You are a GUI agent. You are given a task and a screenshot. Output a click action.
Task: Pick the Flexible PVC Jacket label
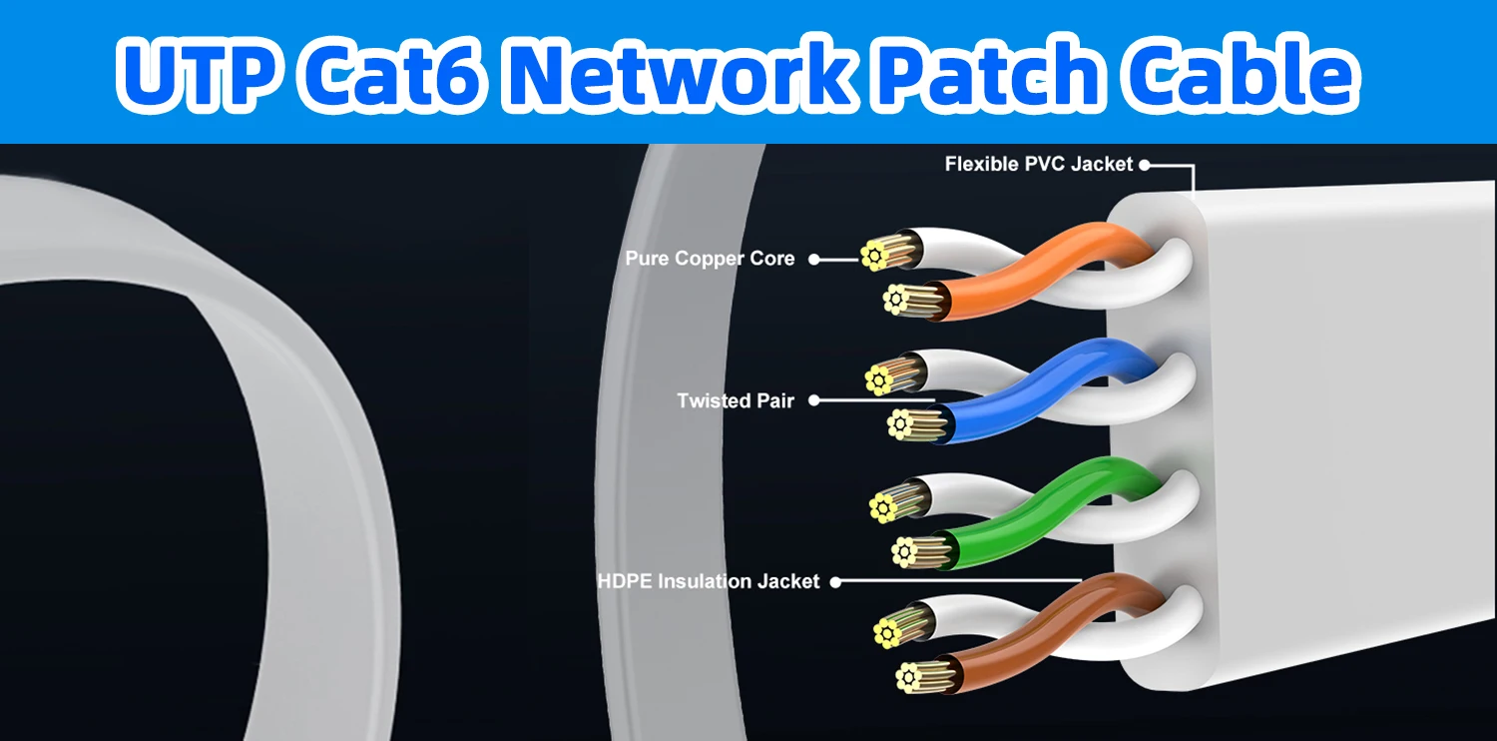[x=1039, y=164]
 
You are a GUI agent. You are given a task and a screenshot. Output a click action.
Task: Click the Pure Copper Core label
[x=710, y=259]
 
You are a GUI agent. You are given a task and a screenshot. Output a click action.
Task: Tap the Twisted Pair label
[x=736, y=400]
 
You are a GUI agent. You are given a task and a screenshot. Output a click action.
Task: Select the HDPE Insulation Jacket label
[x=709, y=581]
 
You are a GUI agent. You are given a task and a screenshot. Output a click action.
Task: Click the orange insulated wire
[x=1038, y=265]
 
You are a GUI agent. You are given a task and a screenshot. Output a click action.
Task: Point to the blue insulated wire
[x=1038, y=384]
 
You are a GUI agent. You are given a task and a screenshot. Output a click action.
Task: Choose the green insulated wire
[x=1038, y=504]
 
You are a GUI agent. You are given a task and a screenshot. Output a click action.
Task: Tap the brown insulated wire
[x=1038, y=624]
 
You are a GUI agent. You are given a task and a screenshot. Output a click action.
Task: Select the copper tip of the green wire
[x=905, y=550]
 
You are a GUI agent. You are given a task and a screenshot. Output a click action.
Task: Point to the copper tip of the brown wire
[x=907, y=677]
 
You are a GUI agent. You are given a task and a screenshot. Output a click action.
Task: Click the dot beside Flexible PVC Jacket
[x=1145, y=165]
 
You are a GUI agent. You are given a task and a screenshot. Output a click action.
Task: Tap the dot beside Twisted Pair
[x=813, y=400]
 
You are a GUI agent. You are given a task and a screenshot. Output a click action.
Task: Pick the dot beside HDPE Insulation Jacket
[x=835, y=581]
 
